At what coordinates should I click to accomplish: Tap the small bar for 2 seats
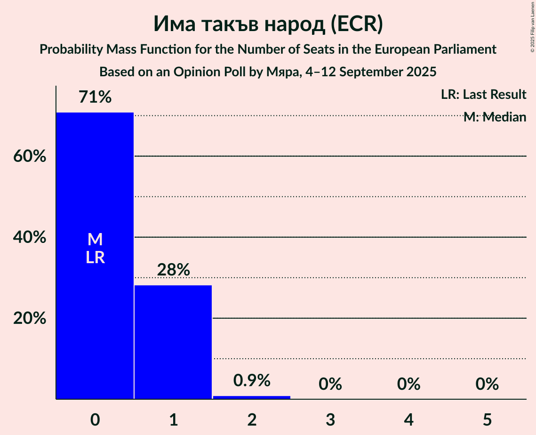252,397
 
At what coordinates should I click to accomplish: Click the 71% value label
95,97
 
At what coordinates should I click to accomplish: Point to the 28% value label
173,270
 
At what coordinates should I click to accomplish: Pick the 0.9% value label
252,380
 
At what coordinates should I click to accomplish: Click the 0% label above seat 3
330,384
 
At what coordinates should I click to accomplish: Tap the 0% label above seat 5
487,384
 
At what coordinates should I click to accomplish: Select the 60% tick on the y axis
30,156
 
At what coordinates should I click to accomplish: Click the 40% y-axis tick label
30,238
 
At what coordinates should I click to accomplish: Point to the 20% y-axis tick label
30,319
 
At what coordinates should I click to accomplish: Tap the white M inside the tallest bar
95,240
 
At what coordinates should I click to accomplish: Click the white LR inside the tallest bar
95,258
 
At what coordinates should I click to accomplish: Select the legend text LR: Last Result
483,95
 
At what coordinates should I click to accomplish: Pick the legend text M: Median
495,117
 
